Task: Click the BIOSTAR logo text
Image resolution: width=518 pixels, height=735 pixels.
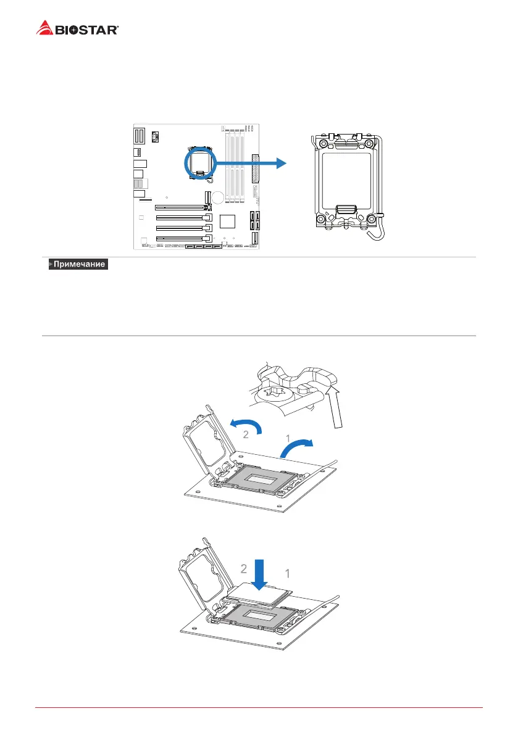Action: click(87, 29)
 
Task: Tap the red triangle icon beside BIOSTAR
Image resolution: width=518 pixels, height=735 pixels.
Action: click(44, 28)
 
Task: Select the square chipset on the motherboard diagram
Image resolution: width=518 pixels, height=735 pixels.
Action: click(228, 220)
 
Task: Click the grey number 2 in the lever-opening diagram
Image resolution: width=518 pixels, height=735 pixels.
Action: click(245, 434)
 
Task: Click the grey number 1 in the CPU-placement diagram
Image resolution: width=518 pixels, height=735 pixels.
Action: click(287, 574)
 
